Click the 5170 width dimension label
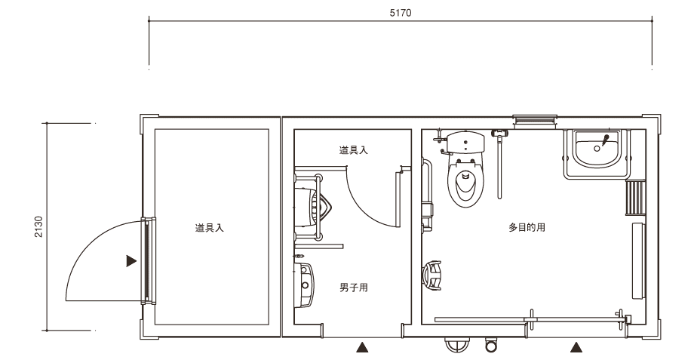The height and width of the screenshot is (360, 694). tap(400, 13)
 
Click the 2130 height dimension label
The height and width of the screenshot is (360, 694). tap(39, 226)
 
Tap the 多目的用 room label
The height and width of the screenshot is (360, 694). tap(527, 228)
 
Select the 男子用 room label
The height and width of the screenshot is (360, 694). tap(354, 288)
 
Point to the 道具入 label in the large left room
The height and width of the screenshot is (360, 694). tap(210, 228)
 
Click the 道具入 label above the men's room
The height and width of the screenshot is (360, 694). tap(354, 150)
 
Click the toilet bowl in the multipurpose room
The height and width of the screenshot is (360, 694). tap(465, 183)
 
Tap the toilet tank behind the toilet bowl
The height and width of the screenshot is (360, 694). tap(465, 142)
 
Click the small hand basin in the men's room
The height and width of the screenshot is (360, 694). tap(305, 285)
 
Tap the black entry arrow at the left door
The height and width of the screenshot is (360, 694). tap(131, 261)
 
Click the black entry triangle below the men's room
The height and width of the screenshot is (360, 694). tap(363, 347)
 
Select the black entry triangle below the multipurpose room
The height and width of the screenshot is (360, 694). tap(576, 347)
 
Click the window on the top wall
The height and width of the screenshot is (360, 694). tap(535, 120)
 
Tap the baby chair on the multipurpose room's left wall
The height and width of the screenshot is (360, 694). tap(432, 275)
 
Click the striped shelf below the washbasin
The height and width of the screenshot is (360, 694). tap(635, 198)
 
